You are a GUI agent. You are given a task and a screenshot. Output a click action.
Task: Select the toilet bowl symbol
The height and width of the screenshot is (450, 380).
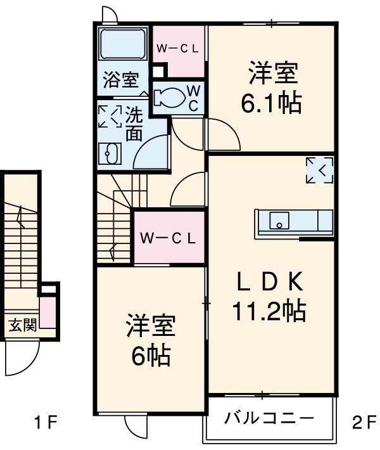[x=168, y=97]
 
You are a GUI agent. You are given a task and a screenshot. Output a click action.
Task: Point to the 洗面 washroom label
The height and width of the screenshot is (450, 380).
[x=133, y=124]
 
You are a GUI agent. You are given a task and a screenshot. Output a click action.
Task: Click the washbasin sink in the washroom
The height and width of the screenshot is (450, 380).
[x=111, y=154]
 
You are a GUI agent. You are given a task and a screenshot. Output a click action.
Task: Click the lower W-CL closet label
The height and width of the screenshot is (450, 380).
[x=167, y=238]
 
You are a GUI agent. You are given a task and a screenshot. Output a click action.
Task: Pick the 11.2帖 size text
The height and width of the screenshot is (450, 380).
[x=269, y=310]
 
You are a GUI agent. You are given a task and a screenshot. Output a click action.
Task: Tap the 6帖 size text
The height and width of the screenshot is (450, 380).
[x=151, y=357]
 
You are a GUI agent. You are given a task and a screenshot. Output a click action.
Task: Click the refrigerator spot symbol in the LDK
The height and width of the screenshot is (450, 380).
[x=319, y=170]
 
